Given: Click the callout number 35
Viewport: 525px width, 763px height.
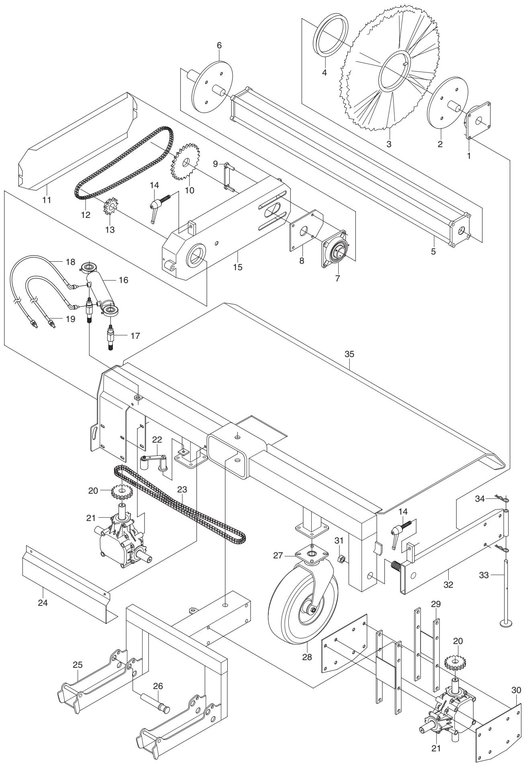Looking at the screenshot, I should click(349, 354).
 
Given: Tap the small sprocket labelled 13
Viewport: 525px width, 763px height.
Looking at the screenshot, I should click(110, 209).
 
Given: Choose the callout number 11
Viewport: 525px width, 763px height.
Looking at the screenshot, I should click(47, 199).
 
